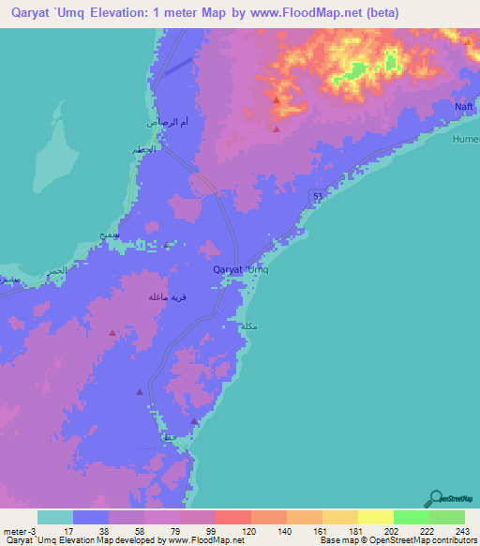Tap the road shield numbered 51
[318, 194]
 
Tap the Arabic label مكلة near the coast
[248, 326]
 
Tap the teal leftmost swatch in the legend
[55, 517]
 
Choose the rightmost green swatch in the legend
[446, 517]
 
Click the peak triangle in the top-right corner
[466, 41]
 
